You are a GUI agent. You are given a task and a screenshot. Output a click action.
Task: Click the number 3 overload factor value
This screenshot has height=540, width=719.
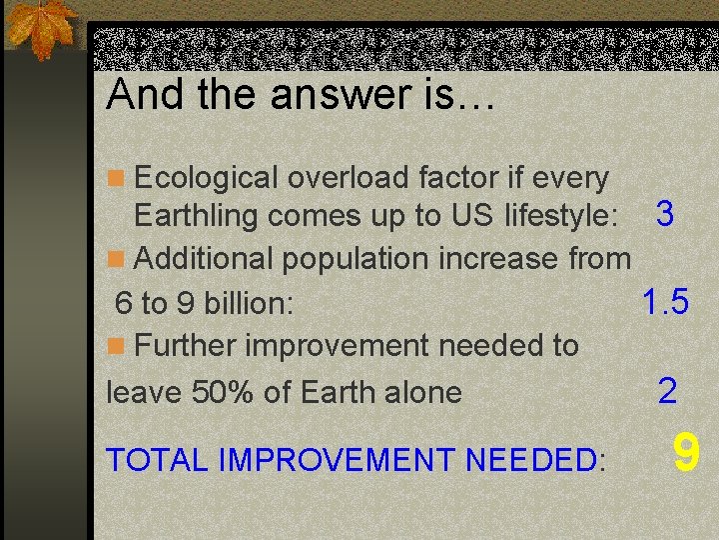pos(664,213)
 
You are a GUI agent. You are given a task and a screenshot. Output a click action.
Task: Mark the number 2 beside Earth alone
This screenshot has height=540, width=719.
pos(667,390)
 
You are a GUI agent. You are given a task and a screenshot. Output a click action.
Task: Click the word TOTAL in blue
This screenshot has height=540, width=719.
pos(158,460)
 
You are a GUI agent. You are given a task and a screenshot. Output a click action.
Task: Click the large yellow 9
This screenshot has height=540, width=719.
pos(685,453)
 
